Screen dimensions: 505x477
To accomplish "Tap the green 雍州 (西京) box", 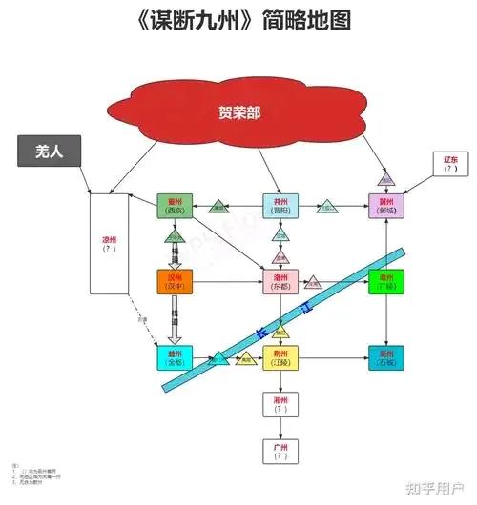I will [x=175, y=205].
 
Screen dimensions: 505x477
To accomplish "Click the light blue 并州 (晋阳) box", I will [x=280, y=205].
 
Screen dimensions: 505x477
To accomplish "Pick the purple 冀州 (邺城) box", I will [x=386, y=205].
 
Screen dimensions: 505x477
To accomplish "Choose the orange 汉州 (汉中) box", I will [x=175, y=281].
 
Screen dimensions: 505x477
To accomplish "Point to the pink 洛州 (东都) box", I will [x=280, y=281].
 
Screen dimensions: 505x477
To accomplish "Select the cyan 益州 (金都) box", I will [x=175, y=358].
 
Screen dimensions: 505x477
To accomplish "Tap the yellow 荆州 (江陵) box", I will [x=280, y=358].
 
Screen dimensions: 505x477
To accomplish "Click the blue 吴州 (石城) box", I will [x=386, y=358].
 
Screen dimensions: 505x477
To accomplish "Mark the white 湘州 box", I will [x=280, y=404].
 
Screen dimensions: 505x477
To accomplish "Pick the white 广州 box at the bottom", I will [x=280, y=451].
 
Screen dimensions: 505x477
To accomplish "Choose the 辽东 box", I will [x=450, y=163].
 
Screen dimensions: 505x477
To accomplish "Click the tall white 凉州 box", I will [x=108, y=243].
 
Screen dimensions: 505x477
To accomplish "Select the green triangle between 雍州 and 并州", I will [x=219, y=206].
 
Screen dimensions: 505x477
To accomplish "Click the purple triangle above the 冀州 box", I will [x=385, y=178].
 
